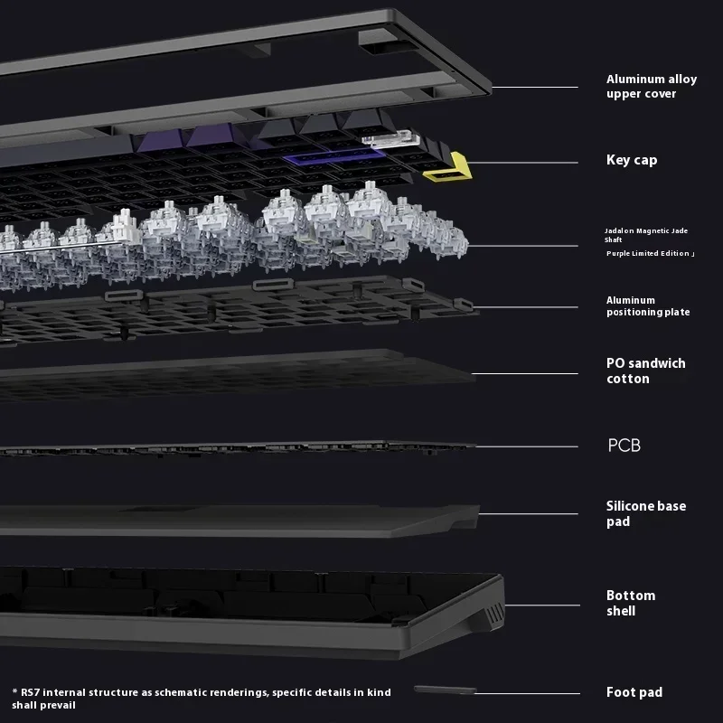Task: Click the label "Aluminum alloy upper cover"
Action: click(x=651, y=86)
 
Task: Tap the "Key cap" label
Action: click(x=632, y=160)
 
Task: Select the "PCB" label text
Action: click(x=624, y=445)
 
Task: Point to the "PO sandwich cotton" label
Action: click(x=645, y=371)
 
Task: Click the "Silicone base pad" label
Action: click(x=645, y=513)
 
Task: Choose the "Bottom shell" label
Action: click(x=631, y=603)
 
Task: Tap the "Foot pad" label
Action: click(x=634, y=692)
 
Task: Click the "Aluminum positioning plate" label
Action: click(x=647, y=305)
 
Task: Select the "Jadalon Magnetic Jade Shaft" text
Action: click(x=645, y=235)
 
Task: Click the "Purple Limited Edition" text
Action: click(x=649, y=254)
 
